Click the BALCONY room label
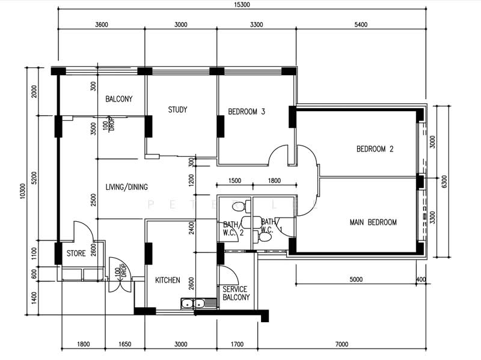[x=118, y=99]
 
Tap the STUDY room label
[x=177, y=109]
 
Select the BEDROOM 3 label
[x=247, y=112]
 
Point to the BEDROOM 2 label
[x=375, y=149]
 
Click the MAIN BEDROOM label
[x=373, y=222]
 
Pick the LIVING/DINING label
[x=126, y=187]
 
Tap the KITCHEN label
[x=168, y=280]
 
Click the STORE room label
[x=76, y=253]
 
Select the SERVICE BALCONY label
[x=236, y=293]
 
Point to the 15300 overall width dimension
[x=242, y=5]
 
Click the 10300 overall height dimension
[x=23, y=191]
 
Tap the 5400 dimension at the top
[x=361, y=25]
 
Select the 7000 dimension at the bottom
[x=342, y=344]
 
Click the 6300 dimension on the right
[x=444, y=182]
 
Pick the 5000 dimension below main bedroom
[x=356, y=279]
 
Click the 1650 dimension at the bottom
[x=125, y=344]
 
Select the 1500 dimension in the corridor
[x=234, y=181]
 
